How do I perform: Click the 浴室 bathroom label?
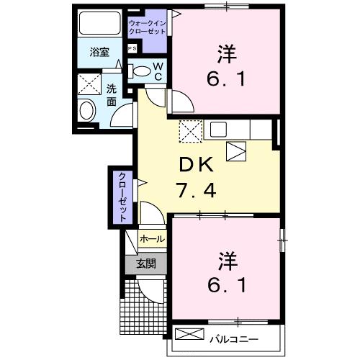point(99,53)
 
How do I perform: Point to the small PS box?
point(132,48)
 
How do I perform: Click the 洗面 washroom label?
point(112,94)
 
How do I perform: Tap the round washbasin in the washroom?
point(88,110)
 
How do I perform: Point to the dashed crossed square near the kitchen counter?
point(190,130)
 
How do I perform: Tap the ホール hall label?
point(152,238)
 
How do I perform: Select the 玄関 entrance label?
point(146,264)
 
